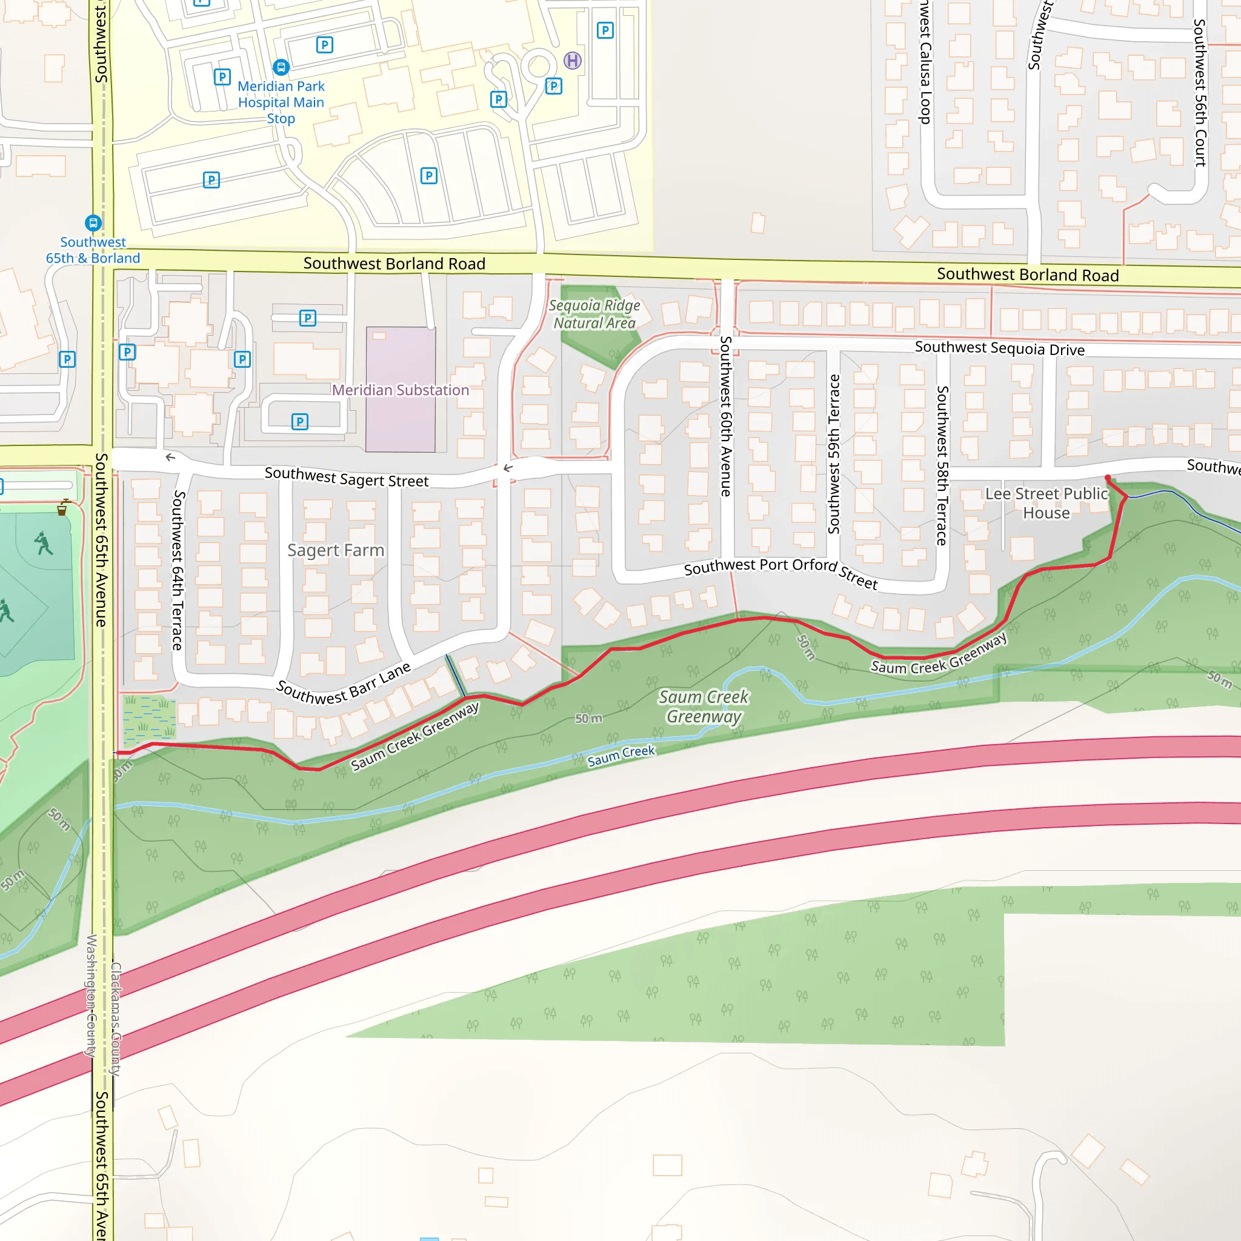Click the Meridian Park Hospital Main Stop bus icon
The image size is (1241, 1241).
tap(281, 67)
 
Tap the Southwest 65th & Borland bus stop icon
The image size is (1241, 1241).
tap(93, 223)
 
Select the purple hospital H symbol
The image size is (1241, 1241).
tap(572, 61)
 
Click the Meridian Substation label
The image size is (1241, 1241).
tap(400, 390)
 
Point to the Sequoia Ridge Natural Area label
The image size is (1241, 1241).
tap(594, 314)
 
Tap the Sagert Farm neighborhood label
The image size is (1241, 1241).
tap(335, 550)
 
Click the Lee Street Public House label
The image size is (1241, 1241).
tap(1046, 503)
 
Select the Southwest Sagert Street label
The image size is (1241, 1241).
tap(346, 477)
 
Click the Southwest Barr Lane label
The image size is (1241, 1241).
tap(344, 684)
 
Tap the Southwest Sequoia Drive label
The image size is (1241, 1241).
tap(999, 348)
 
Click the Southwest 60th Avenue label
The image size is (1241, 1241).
tap(726, 416)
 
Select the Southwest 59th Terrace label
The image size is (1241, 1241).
tap(834, 453)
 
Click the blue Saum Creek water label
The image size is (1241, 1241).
tap(621, 756)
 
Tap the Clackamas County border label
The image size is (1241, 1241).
tap(116, 1019)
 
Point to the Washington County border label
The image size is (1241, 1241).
tap(91, 996)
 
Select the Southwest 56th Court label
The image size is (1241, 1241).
tap(1200, 93)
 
